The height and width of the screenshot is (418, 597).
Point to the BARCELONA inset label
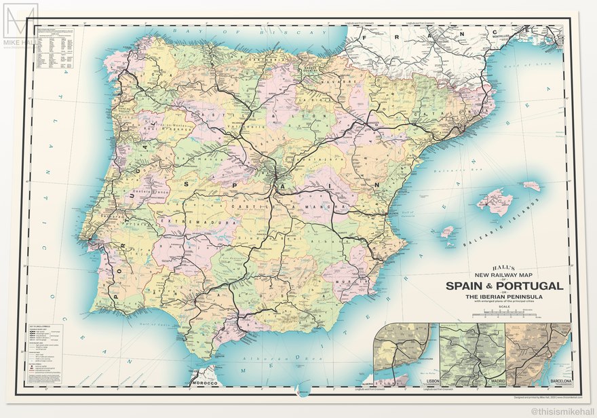558,382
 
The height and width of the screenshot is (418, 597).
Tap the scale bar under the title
503,313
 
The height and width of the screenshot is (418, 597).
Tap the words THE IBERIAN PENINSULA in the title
503,297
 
